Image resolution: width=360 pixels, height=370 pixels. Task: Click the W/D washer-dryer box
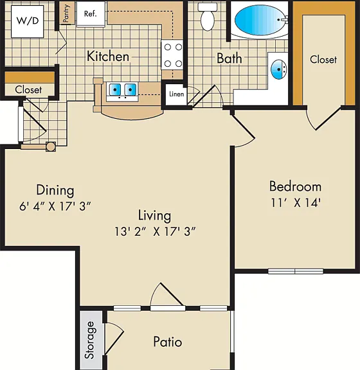pyautogui.click(x=28, y=21)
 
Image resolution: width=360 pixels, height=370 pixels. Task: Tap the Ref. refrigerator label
pyautogui.click(x=90, y=13)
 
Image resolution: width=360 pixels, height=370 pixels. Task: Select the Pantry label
pyautogui.click(x=66, y=13)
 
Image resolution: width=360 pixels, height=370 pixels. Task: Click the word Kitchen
pyautogui.click(x=108, y=57)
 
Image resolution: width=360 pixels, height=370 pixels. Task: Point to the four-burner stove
pyautogui.click(x=173, y=55)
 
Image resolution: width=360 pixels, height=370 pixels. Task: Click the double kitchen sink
pyautogui.click(x=122, y=91)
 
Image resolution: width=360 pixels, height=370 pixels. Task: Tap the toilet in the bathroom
pyautogui.click(x=208, y=17)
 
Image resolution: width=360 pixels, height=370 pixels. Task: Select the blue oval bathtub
pyautogui.click(x=259, y=19)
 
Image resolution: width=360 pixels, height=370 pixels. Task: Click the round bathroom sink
pyautogui.click(x=278, y=69)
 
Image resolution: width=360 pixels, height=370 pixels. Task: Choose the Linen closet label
pyautogui.click(x=176, y=94)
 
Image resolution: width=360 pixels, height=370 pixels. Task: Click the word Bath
pyautogui.click(x=230, y=58)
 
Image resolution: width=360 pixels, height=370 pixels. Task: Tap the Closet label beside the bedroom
pyautogui.click(x=323, y=59)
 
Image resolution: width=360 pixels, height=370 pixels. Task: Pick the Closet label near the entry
pyautogui.click(x=28, y=90)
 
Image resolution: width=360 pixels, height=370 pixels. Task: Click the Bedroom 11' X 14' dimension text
pyautogui.click(x=296, y=203)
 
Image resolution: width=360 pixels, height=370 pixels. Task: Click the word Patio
pyautogui.click(x=168, y=342)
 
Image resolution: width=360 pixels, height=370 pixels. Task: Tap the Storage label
pyautogui.click(x=91, y=340)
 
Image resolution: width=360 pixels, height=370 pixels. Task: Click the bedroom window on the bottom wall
pyautogui.click(x=296, y=271)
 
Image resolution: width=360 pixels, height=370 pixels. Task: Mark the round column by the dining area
pyautogui.click(x=51, y=146)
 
